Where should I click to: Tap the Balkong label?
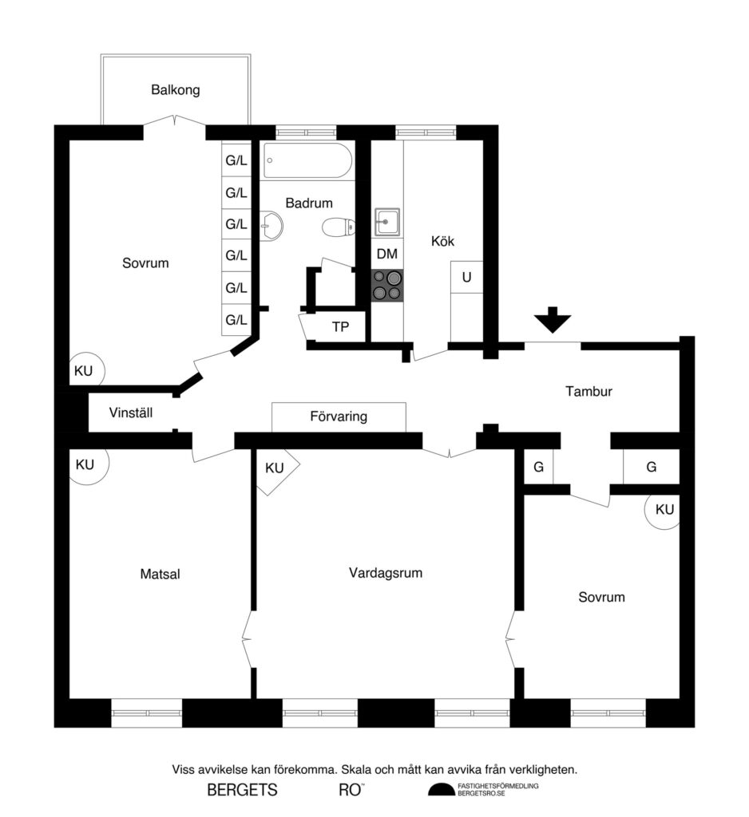click(x=175, y=90)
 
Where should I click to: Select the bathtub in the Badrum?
click(x=307, y=161)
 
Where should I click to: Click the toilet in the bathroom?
click(x=338, y=228)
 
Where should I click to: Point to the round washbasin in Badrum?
click(x=271, y=226)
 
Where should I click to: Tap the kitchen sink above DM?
click(x=387, y=220)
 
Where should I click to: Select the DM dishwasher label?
click(x=387, y=255)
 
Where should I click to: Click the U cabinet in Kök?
click(x=466, y=278)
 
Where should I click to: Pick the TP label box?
click(x=340, y=326)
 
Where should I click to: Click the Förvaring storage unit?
click(x=339, y=416)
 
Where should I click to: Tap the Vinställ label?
click(x=131, y=413)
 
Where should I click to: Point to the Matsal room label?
click(x=160, y=574)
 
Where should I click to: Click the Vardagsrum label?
click(x=385, y=573)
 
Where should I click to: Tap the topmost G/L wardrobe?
click(x=236, y=161)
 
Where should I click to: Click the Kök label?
click(x=442, y=241)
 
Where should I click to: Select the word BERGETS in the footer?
click(x=242, y=791)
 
